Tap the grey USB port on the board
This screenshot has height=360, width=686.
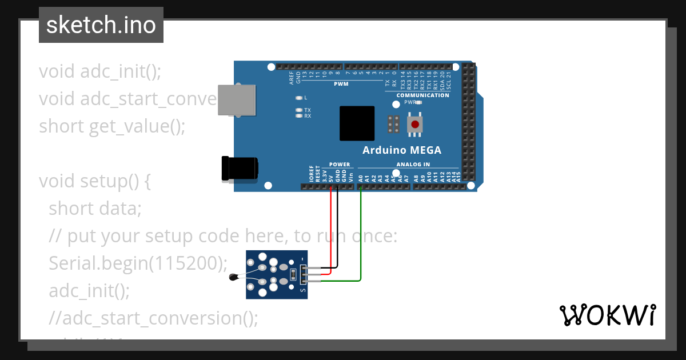point(236,101)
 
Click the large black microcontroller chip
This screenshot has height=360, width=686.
point(357,123)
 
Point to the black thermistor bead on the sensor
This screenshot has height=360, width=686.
point(233,278)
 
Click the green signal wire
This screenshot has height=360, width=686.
point(361,240)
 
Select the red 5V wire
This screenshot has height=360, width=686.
point(330,234)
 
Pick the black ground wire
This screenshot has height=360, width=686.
point(337,229)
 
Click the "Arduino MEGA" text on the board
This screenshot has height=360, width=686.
point(402,150)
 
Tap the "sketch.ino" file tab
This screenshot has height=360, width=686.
point(101,25)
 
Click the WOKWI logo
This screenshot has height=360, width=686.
point(607,315)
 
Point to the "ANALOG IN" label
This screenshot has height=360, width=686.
point(413,165)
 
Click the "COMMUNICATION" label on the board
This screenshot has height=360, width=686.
point(422,95)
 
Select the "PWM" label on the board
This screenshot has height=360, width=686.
point(341,84)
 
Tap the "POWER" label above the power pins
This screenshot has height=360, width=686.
point(340,165)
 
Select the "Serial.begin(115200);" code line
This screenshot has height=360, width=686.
point(138,263)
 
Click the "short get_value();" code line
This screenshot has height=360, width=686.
point(112,126)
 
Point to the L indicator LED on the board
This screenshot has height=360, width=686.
point(298,98)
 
